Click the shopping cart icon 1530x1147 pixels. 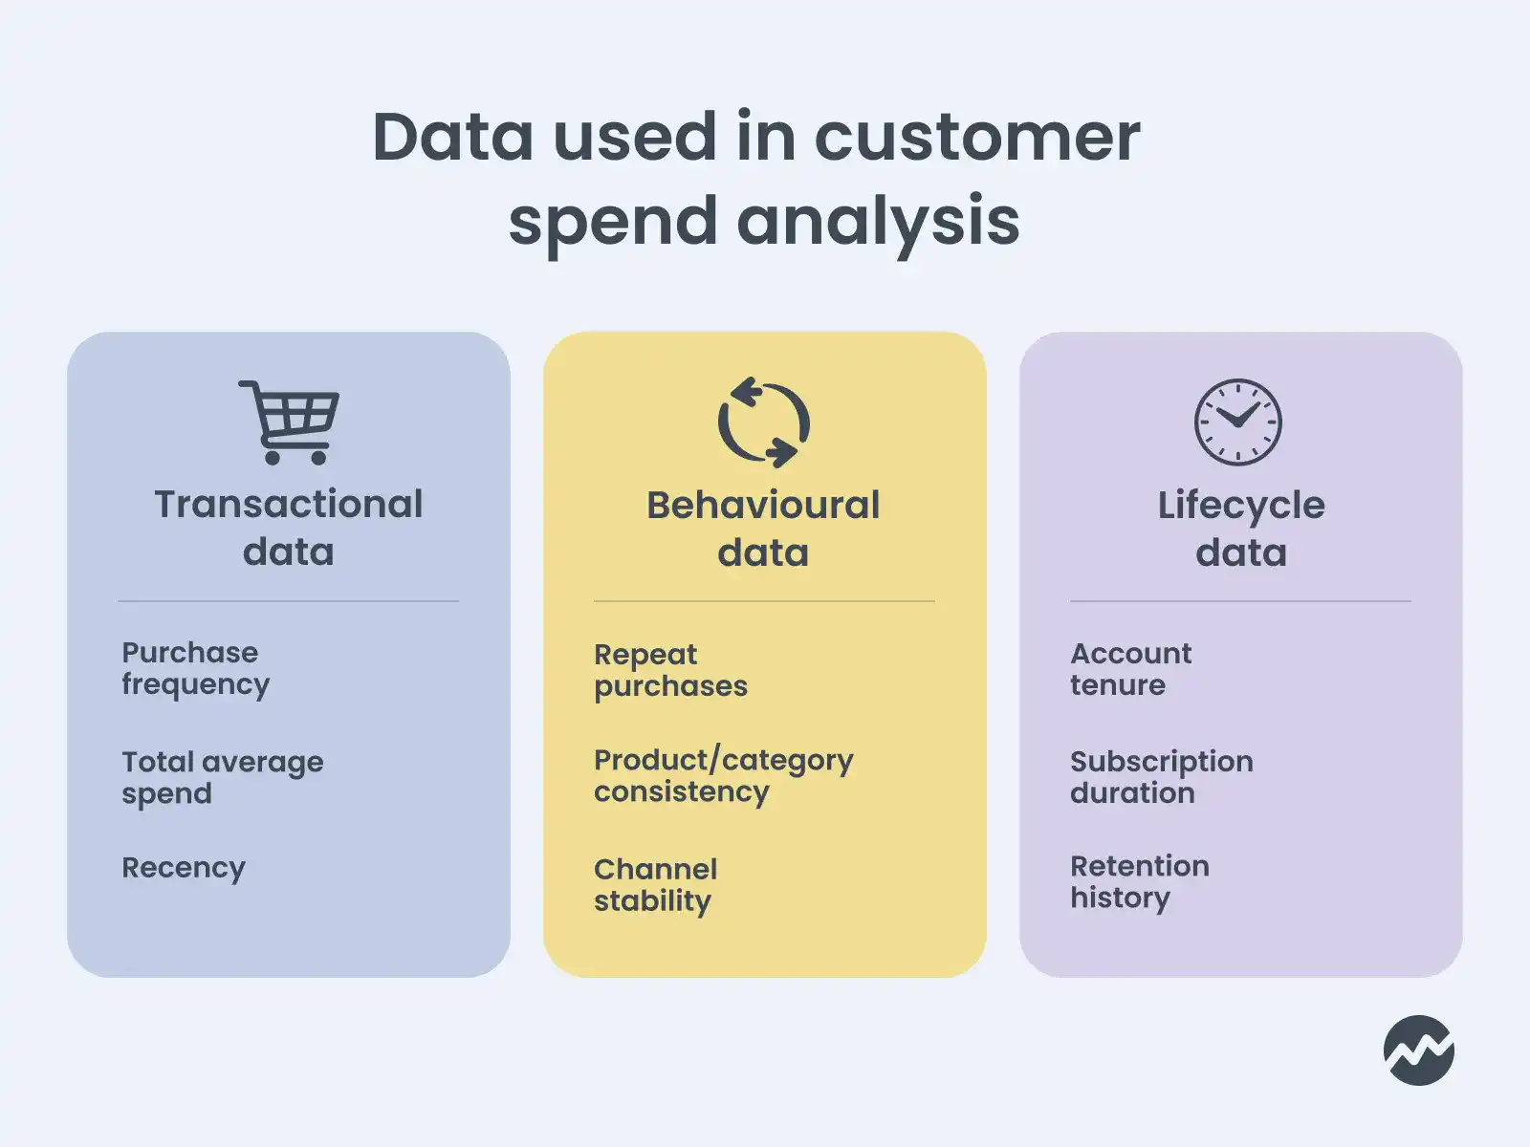[x=289, y=422]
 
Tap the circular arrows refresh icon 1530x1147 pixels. [x=764, y=422]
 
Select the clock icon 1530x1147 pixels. [x=1238, y=422]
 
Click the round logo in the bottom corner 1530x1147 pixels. [x=1419, y=1050]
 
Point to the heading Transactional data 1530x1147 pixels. [x=289, y=528]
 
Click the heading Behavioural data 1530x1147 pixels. [x=763, y=529]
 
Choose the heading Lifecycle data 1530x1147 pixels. [x=1241, y=529]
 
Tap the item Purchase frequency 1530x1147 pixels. [x=195, y=668]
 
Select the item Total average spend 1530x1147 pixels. [x=222, y=777]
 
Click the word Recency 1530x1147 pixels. [x=184, y=868]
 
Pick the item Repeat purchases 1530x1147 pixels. [x=670, y=670]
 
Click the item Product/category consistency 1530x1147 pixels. [x=723, y=775]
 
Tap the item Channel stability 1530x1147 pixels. [x=655, y=884]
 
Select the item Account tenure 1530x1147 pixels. [x=1130, y=669]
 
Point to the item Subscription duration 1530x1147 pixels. [x=1161, y=776]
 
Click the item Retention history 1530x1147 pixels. [x=1139, y=882]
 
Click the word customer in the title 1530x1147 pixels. [x=977, y=137]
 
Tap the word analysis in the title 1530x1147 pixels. [x=878, y=221]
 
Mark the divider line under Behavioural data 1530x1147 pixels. [x=764, y=601]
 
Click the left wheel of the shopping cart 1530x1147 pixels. [x=273, y=457]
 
